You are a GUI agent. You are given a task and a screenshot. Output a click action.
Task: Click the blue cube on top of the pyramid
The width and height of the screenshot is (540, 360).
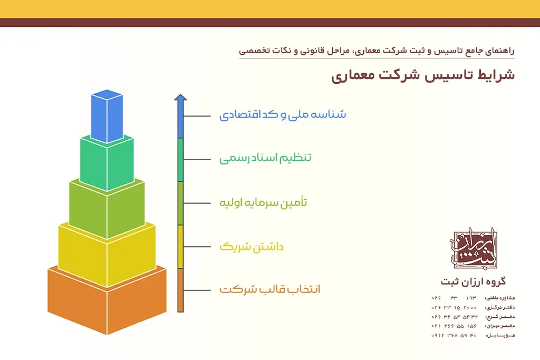click(106, 117)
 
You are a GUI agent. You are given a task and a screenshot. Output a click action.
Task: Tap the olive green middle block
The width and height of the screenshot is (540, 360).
click(107, 208)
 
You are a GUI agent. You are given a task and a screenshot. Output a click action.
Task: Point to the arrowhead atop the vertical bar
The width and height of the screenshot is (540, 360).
click(180, 98)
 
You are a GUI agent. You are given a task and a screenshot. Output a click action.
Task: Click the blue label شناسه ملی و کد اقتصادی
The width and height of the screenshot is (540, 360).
click(283, 115)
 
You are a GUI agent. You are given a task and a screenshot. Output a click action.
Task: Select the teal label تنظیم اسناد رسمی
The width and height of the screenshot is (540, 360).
click(265, 158)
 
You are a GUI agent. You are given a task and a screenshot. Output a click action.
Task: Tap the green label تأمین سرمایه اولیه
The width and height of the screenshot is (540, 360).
click(263, 202)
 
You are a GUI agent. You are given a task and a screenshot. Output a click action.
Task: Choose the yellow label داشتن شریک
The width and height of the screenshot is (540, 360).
click(251, 246)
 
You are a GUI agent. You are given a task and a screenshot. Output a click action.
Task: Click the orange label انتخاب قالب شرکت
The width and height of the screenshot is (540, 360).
click(269, 290)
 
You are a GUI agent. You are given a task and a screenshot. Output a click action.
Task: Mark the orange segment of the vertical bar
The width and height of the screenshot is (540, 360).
click(180, 290)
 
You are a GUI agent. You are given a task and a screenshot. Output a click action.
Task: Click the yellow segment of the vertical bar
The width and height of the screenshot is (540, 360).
click(180, 246)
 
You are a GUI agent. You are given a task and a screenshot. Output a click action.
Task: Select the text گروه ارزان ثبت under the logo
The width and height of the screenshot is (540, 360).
click(472, 281)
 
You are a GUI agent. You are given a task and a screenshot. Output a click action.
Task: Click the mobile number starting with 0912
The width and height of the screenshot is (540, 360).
click(454, 335)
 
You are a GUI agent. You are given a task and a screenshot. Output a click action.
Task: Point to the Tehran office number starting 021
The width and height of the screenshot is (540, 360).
click(454, 326)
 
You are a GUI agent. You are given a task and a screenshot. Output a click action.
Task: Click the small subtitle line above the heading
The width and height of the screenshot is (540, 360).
click(377, 52)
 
